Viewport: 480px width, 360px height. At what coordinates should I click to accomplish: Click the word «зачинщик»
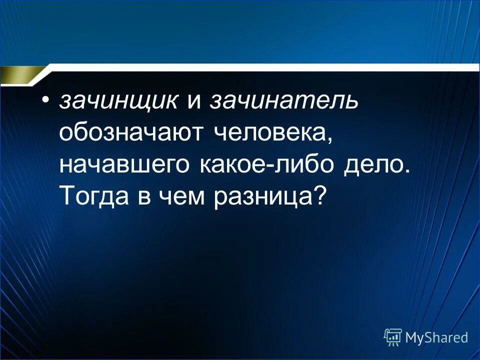pyautogui.click(x=118, y=102)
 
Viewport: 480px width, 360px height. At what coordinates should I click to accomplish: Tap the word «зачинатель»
pyautogui.click(x=284, y=102)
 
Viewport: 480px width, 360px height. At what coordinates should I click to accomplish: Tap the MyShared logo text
pyautogui.click(x=436, y=337)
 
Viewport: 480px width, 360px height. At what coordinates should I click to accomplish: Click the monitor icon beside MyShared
pyautogui.click(x=393, y=337)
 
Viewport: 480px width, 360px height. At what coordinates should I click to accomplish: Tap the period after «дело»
pyautogui.click(x=405, y=172)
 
